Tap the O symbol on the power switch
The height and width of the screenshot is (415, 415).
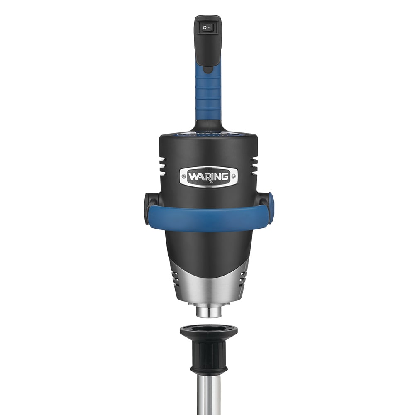(205, 27)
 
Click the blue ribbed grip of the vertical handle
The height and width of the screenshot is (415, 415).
(208, 95)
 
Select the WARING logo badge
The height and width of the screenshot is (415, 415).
(209, 176)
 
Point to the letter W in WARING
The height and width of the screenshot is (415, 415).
(193, 176)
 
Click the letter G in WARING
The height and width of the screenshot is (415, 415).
(225, 176)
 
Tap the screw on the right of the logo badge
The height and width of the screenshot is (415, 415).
(233, 176)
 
